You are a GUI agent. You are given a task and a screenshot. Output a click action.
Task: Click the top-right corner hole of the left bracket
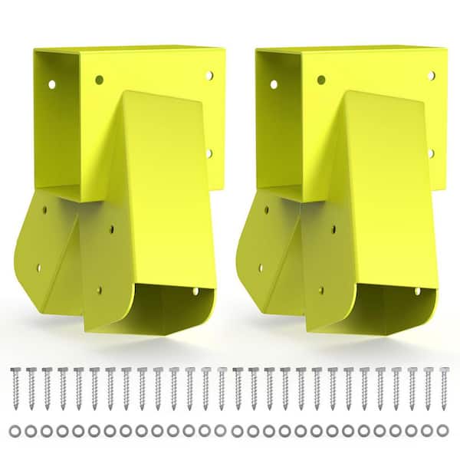209,75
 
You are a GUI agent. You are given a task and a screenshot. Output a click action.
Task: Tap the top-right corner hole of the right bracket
431,75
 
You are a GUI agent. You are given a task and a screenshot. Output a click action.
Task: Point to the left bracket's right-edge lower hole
209,153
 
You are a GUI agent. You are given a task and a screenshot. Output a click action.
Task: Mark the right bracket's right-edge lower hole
431,153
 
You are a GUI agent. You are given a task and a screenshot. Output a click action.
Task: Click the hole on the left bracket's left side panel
99,80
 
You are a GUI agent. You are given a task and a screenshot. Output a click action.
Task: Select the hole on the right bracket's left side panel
320,80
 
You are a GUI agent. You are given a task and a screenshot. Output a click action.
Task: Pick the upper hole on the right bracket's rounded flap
266,208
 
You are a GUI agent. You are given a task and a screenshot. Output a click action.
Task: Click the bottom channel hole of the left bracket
195,291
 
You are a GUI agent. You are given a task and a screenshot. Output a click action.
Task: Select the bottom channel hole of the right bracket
416,291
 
